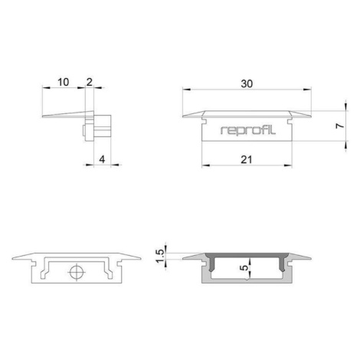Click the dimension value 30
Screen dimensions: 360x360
[x=247, y=83]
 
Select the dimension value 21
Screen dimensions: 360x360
[x=247, y=160]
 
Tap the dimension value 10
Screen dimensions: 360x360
[x=63, y=82]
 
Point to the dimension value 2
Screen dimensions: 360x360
[x=90, y=82]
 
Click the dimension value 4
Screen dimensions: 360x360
[x=102, y=159]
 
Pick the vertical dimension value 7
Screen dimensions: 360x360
[x=340, y=126]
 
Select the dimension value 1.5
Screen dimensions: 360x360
[x=160, y=256]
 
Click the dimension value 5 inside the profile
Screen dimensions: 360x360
[x=244, y=268]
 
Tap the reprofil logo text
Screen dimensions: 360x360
[x=248, y=130]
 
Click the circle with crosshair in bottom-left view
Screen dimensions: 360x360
[x=77, y=273]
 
